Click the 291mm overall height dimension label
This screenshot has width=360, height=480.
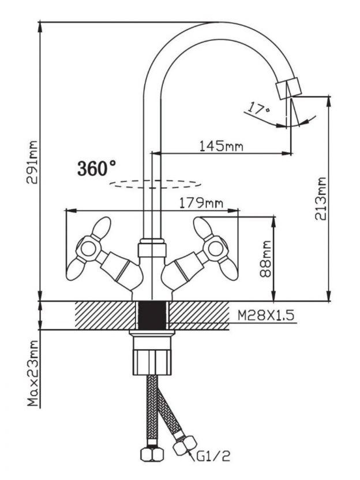pyautogui.click(x=32, y=162)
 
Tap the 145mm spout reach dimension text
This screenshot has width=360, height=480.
pyautogui.click(x=222, y=146)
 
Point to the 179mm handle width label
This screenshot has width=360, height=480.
pyautogui.click(x=201, y=203)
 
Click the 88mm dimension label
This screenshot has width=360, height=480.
pyautogui.click(x=265, y=259)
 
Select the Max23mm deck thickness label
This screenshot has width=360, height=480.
pyautogui.click(x=33, y=373)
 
